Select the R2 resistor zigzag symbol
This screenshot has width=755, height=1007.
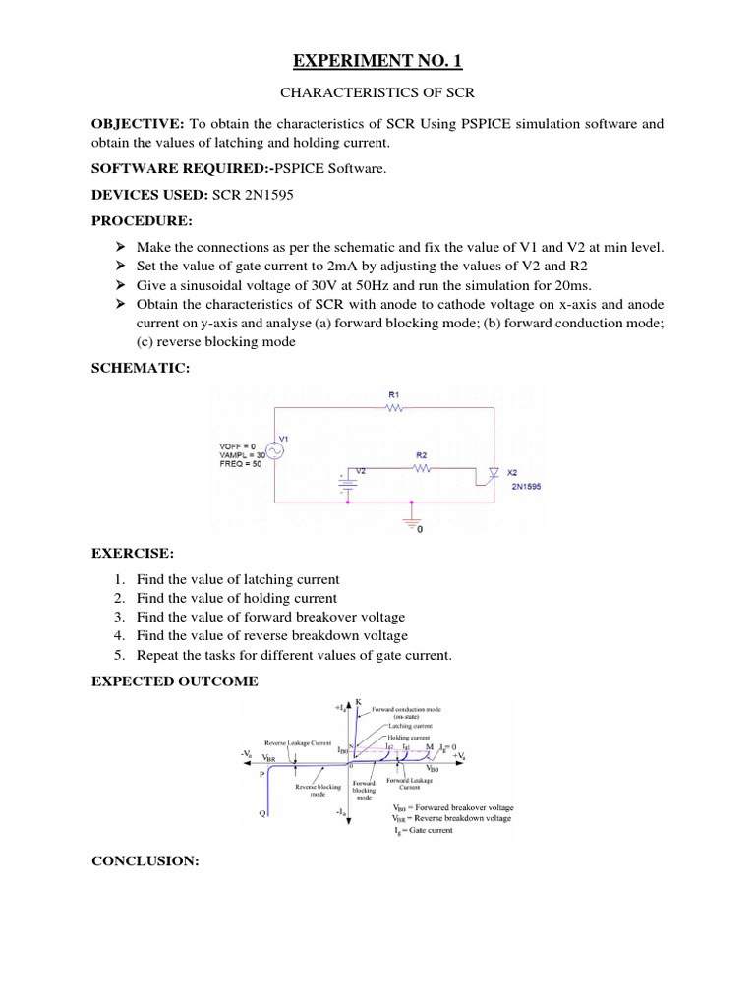click(421, 469)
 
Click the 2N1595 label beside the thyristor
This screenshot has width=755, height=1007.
click(525, 484)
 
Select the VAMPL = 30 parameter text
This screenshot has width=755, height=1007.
click(241, 455)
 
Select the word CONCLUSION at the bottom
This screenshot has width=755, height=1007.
click(145, 861)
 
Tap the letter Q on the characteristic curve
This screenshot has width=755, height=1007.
click(262, 814)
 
